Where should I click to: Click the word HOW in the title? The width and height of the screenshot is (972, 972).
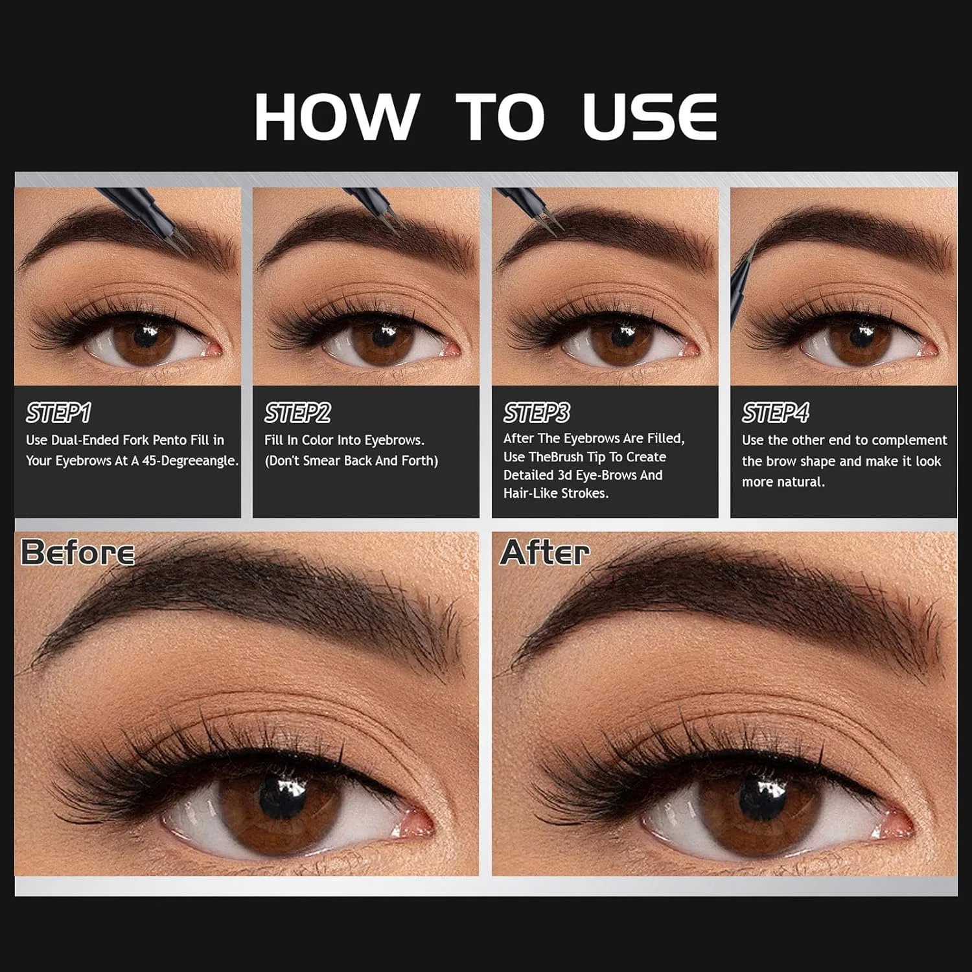tap(336, 117)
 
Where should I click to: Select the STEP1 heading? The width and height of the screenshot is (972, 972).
tap(58, 413)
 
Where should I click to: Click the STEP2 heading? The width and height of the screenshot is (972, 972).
tap(297, 413)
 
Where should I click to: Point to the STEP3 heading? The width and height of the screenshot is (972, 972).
tap(537, 413)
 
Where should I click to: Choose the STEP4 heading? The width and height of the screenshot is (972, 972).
tap(776, 413)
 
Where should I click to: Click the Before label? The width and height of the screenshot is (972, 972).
tap(78, 553)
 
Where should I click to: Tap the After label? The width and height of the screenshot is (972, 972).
tap(545, 553)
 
